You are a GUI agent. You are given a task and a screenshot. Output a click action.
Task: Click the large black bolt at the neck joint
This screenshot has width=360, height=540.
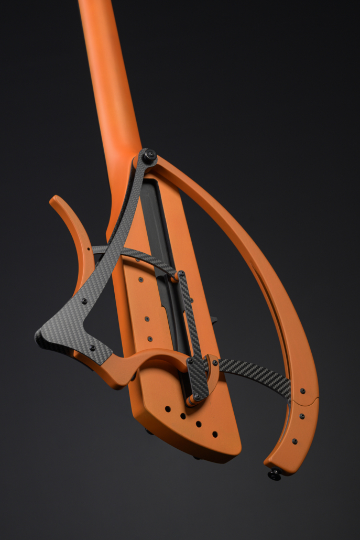tap(150, 155)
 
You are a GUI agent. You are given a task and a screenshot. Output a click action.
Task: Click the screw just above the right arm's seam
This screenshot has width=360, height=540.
tap(303, 391)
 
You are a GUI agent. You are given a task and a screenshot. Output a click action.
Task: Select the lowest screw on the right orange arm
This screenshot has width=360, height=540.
tap(294, 441)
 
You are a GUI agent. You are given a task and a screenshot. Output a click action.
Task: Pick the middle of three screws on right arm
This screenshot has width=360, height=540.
tap(302, 416)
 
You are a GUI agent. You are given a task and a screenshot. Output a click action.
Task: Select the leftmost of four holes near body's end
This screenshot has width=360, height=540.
tap(168, 408)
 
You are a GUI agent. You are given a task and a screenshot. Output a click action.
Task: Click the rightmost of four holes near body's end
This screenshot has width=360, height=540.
tap(215, 434)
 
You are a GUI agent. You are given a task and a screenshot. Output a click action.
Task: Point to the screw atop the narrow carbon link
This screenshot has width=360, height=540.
tap(181, 274)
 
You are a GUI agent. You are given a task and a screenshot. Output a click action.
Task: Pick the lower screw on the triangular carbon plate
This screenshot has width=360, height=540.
tap(92, 348)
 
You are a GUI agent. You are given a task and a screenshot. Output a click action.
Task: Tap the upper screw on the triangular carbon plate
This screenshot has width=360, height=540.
tap(84, 301)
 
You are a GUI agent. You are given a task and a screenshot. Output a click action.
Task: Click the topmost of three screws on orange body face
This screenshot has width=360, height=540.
tap(141, 280)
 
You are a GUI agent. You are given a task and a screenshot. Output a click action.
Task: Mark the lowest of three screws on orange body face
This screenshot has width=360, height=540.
tap(150, 339)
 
